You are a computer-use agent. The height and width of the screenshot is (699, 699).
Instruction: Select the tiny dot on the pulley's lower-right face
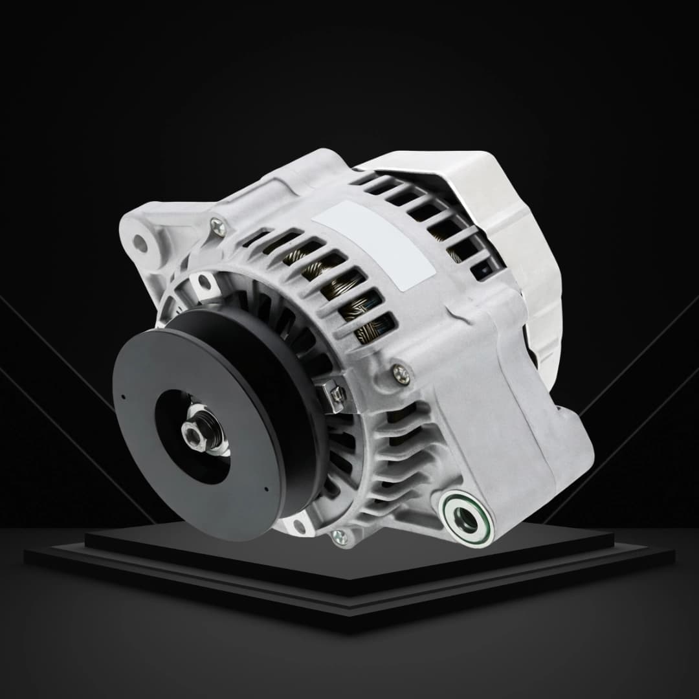point(266,489)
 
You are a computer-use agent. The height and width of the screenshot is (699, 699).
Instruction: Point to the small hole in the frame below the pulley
point(298,526)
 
